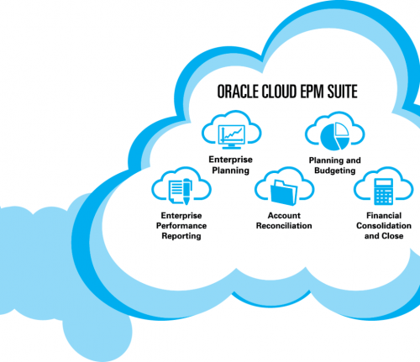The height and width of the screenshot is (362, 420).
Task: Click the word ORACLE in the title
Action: coord(238,92)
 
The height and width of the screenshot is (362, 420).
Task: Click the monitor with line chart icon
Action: coord(231,136)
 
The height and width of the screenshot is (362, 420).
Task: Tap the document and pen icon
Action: coord(181,191)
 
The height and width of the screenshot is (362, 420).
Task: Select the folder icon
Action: coord(284,192)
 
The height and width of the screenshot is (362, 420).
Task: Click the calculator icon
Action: coord(384,191)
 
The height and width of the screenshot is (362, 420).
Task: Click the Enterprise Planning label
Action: coord(230,165)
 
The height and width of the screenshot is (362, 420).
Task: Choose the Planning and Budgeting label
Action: coord(335,165)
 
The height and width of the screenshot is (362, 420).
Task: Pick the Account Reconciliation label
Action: coord(284,221)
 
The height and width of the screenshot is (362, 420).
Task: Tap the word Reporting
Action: coord(181,236)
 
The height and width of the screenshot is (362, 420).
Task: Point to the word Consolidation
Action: coord(384,226)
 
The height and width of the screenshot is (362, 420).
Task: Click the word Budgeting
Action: coord(335,171)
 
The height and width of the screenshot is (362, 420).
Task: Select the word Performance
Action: coord(181,226)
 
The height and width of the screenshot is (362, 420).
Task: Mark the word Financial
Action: coord(384,216)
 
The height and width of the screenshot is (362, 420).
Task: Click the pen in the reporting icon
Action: coord(187,191)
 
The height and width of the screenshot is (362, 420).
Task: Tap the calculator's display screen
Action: coord(384,183)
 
